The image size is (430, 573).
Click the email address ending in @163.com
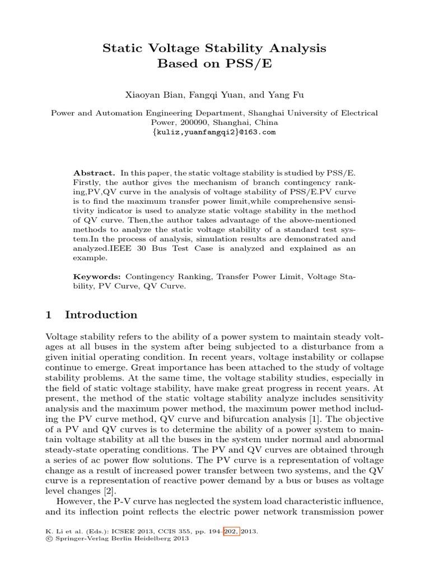(214, 132)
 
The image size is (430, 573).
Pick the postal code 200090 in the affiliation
(200, 122)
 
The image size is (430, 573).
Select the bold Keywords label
(97, 276)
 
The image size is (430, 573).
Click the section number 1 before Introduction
(48, 315)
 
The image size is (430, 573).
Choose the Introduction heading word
(101, 315)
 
